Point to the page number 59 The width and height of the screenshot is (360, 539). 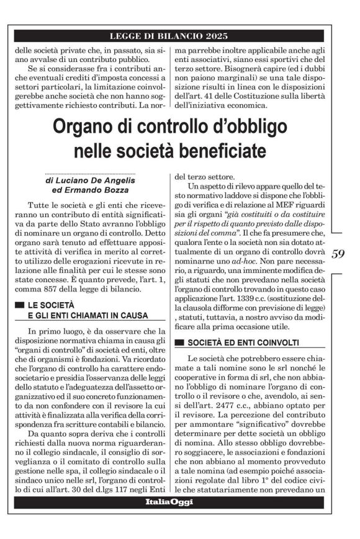[340, 254]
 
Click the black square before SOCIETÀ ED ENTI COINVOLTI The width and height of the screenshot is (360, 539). [180, 342]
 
